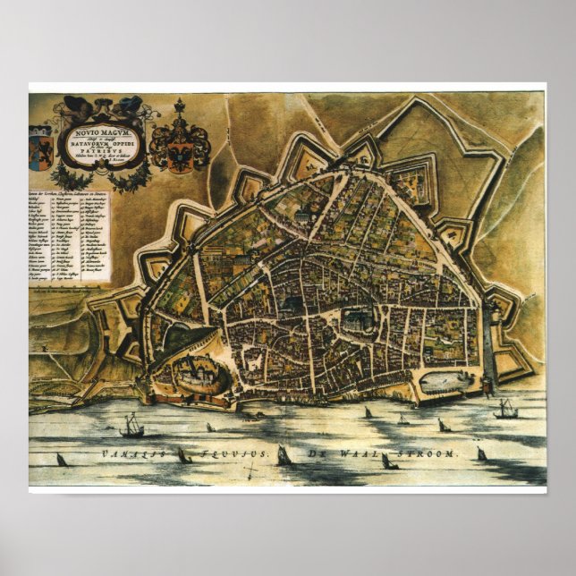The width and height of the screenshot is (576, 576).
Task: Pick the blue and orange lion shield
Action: (42, 144)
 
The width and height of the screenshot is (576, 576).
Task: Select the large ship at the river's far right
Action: (505, 410)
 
